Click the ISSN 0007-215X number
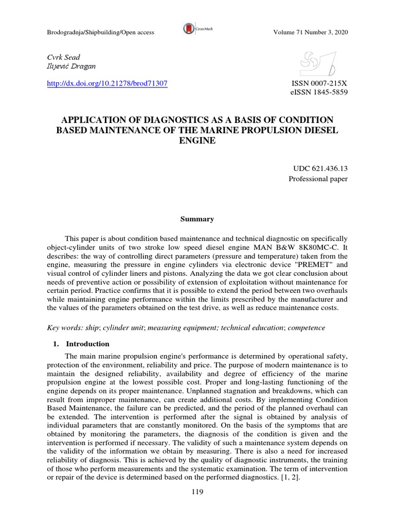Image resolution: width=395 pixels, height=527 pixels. (x=319, y=83)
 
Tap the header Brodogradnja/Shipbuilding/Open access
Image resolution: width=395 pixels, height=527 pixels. (x=100, y=33)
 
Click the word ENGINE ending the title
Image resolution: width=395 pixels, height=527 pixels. (x=197, y=140)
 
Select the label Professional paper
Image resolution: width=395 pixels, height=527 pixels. (x=318, y=179)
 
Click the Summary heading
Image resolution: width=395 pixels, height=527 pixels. (x=197, y=219)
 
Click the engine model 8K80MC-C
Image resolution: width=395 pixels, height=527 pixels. (x=320, y=247)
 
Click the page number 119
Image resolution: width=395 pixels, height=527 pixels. (x=197, y=492)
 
